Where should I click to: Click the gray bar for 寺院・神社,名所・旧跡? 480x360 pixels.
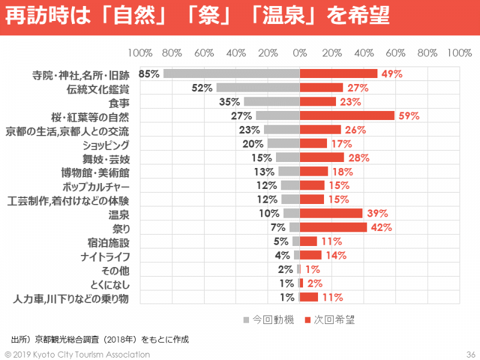232,74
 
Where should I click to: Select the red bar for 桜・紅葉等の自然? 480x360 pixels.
347,115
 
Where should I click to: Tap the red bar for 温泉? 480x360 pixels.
331,213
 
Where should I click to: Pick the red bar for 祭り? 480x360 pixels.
333,227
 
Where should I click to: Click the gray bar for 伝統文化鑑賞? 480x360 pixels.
258,88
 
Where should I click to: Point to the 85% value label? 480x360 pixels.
149,74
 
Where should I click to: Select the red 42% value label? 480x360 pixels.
382,228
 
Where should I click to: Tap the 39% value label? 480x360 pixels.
377,214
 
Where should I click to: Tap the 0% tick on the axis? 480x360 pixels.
299,53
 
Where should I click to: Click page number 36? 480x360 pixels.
470,354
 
